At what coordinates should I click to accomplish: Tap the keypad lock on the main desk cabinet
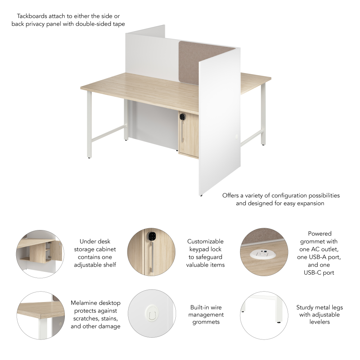pos(183,116)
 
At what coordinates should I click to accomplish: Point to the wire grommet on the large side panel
pos(237,136)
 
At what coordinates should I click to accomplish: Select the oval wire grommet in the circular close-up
pos(152,313)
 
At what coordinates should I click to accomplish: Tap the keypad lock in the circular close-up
pos(152,236)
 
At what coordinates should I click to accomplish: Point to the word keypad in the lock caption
pos(199,249)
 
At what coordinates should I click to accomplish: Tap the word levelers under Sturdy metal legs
pos(319,322)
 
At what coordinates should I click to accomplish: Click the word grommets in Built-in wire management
pos(206,322)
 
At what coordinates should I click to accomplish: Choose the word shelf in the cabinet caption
pos(110,265)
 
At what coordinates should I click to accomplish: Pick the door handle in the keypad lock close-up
pos(151,257)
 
